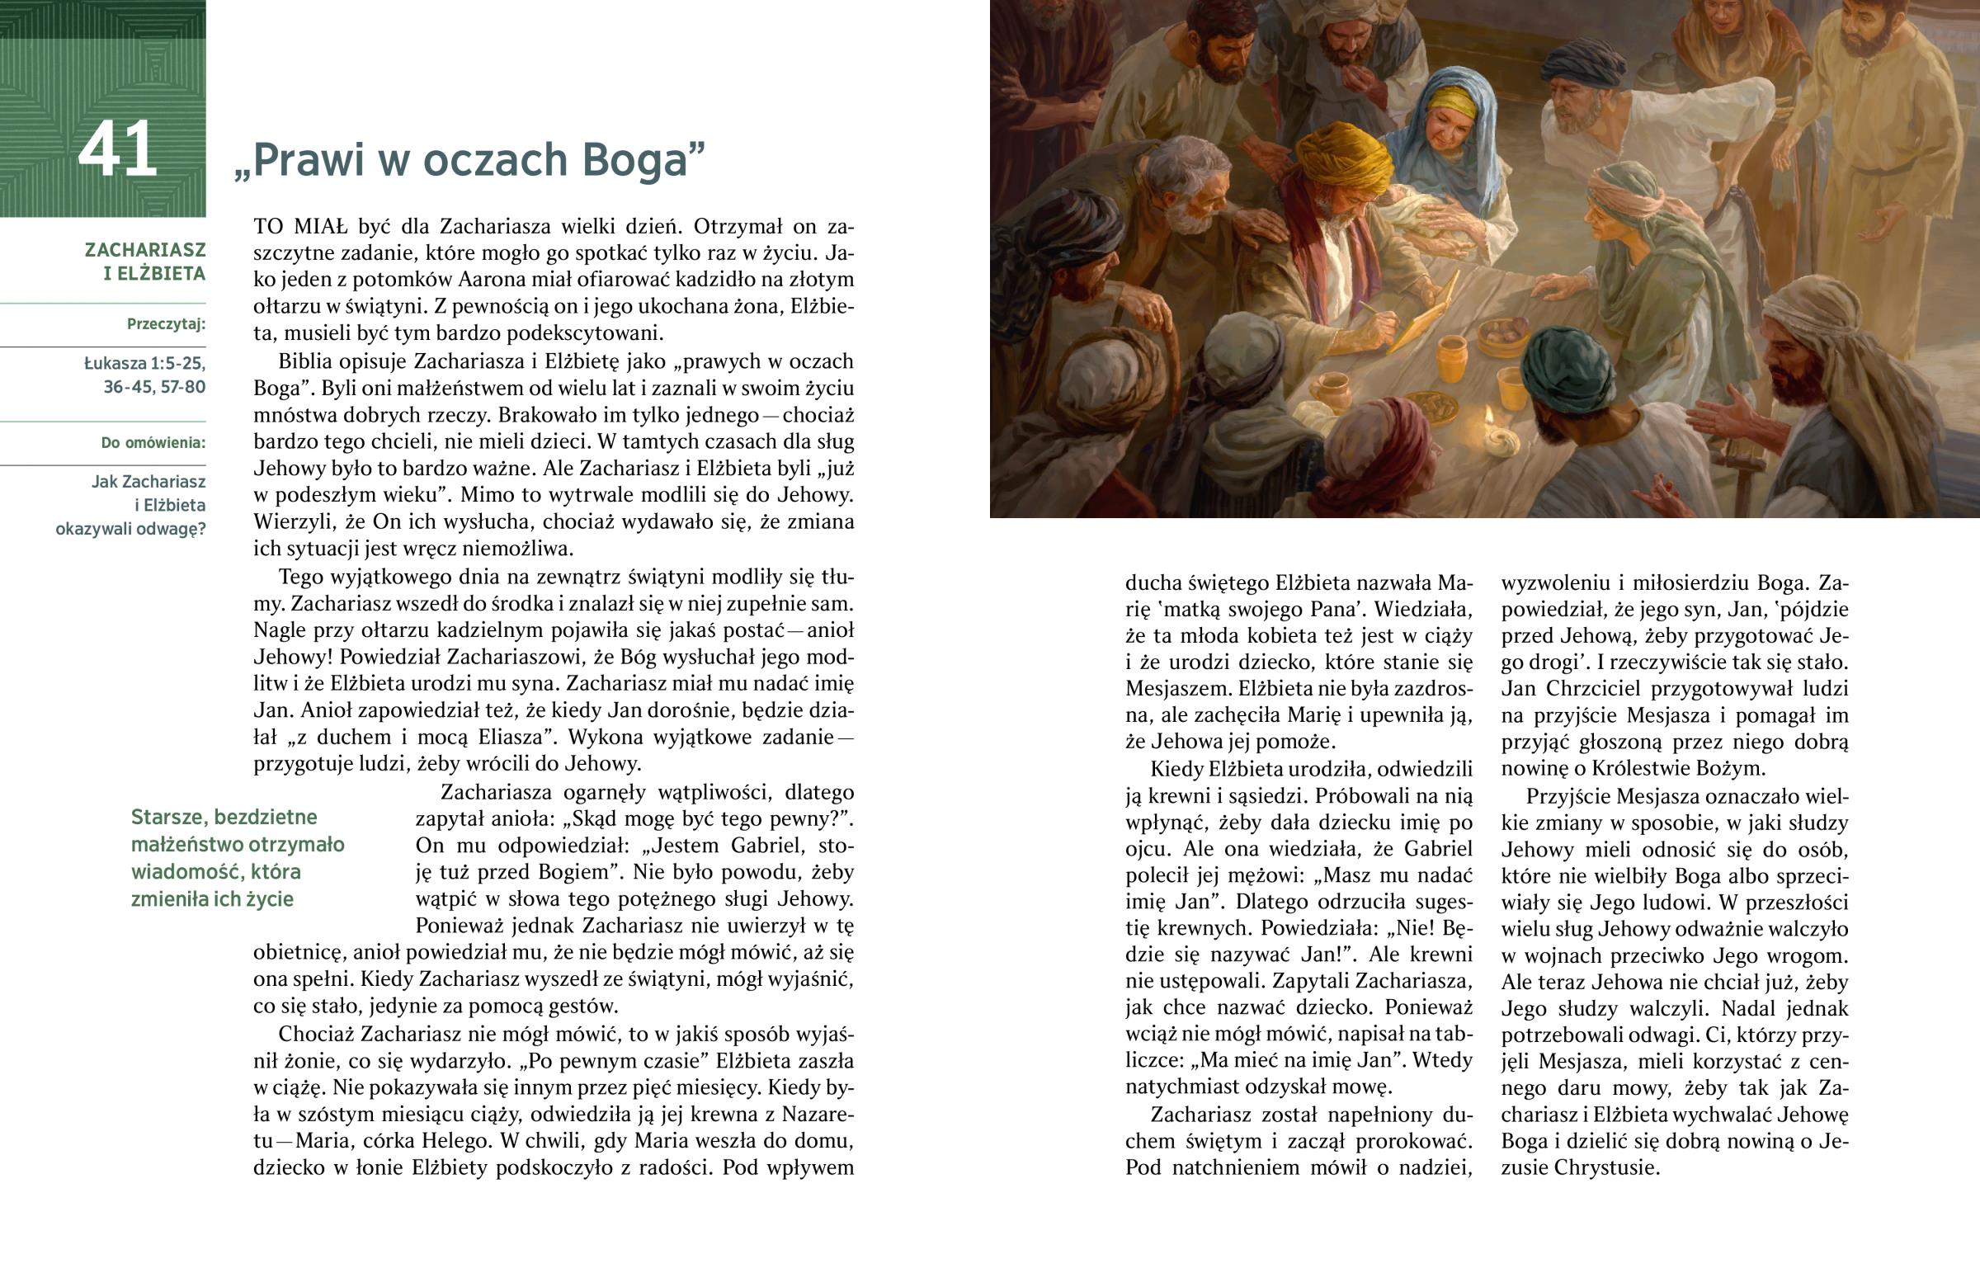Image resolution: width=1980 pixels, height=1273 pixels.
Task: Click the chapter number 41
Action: click(x=117, y=149)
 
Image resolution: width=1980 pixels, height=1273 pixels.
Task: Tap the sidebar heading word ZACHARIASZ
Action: click(x=144, y=250)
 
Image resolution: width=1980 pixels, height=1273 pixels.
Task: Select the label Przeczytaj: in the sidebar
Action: click(x=166, y=324)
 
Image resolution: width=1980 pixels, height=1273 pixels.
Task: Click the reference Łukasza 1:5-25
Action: click(x=144, y=363)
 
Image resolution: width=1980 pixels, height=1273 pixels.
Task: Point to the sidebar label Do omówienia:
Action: click(x=153, y=443)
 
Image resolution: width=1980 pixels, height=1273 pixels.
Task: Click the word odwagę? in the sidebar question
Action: click(x=172, y=529)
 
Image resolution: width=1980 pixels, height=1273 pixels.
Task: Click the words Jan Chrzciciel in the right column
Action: click(x=1571, y=689)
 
